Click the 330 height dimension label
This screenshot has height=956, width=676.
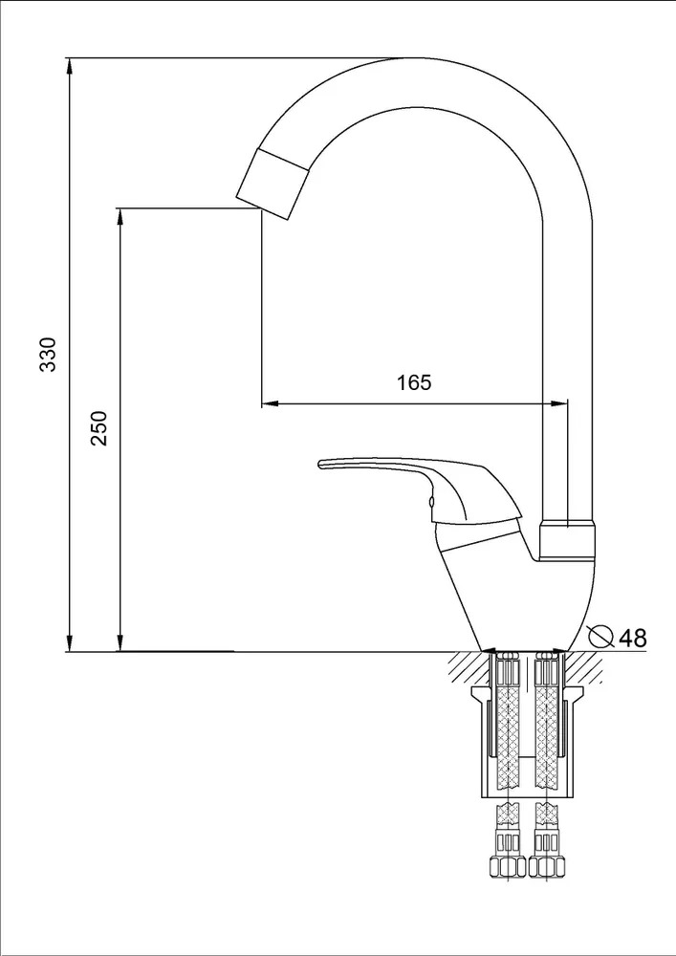coord(48,354)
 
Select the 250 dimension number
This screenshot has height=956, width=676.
coord(99,428)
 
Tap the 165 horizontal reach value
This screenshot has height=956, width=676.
coord(414,382)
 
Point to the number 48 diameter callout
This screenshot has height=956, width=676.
coord(632,638)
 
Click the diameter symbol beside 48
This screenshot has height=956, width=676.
coord(601,636)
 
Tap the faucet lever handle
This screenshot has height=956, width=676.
coord(420,488)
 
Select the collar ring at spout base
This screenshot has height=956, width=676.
coord(568,540)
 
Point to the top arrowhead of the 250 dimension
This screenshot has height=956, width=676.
coord(120,218)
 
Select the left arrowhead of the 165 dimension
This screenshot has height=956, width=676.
coord(270,403)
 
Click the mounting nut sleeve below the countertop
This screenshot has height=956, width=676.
coord(527,742)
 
